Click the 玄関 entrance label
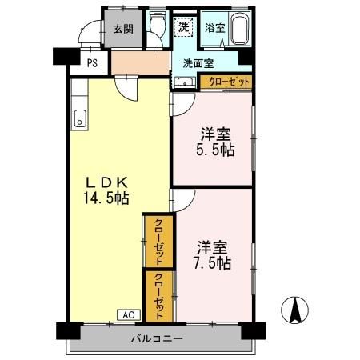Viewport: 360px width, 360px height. click(x=123, y=30)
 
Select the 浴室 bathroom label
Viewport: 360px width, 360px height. click(x=214, y=28)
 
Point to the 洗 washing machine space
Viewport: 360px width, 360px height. click(x=184, y=28)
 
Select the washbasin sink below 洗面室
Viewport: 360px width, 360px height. click(x=185, y=81)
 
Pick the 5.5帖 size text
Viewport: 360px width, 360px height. click(x=217, y=150)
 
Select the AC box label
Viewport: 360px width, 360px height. click(x=128, y=314)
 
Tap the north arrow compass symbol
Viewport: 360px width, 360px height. click(x=294, y=310)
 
